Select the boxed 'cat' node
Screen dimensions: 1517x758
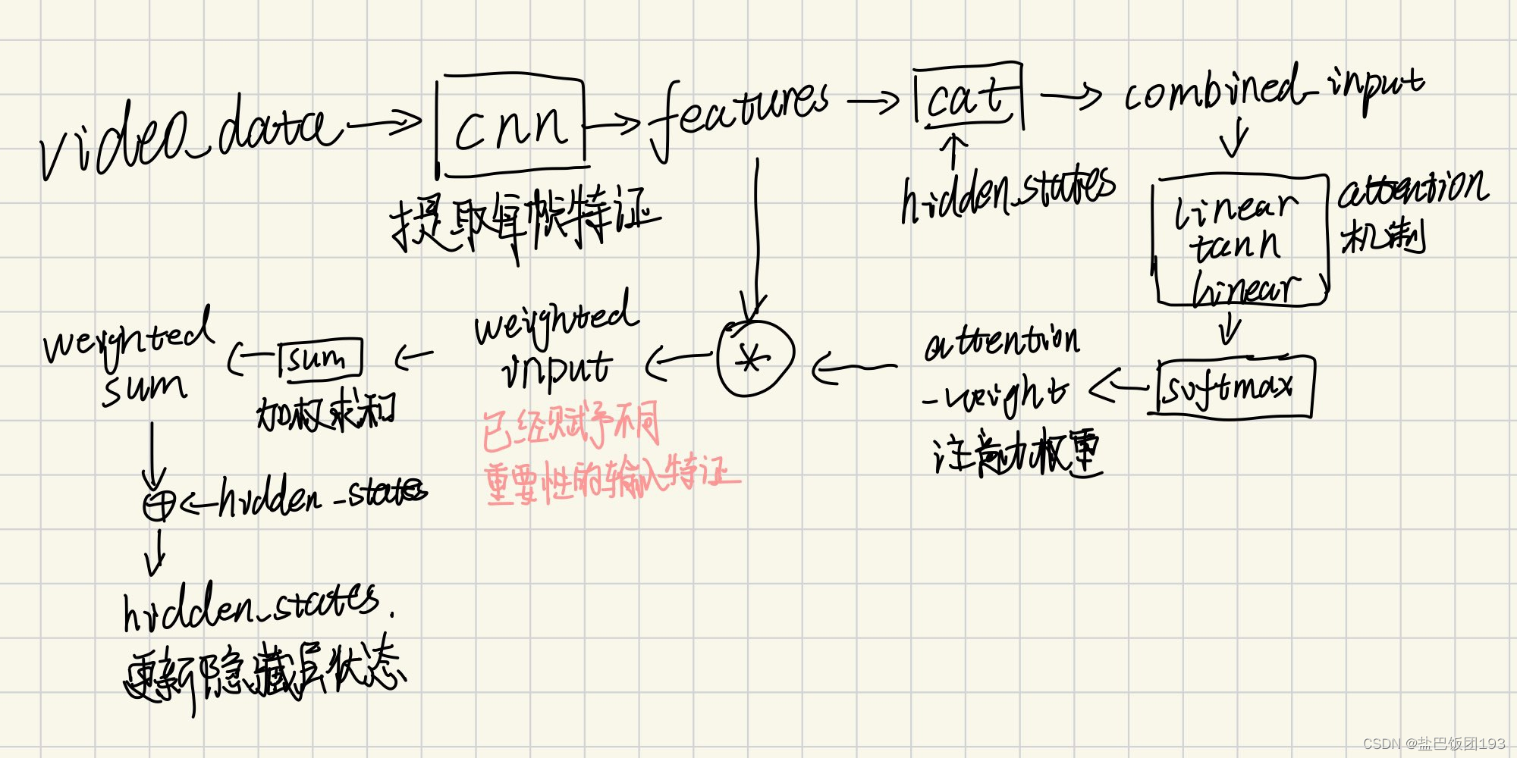(967, 97)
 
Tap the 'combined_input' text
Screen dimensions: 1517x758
(1274, 91)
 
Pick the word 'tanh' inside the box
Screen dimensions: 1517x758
(1235, 246)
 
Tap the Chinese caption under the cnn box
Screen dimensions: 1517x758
(523, 220)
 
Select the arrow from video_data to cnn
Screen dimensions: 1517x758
(383, 123)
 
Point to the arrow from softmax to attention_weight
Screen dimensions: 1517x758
(1119, 388)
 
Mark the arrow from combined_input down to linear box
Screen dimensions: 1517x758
(1235, 136)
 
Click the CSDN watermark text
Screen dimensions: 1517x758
(1434, 744)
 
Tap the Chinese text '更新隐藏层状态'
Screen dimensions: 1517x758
(265, 675)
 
